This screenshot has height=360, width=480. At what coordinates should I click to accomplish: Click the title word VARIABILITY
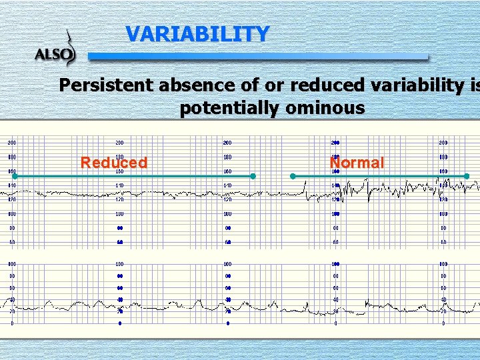coord(197,34)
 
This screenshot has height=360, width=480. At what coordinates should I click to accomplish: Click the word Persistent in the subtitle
coord(105,86)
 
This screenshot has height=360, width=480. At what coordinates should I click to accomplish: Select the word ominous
coord(328,108)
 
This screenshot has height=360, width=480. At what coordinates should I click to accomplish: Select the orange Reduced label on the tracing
coord(113,163)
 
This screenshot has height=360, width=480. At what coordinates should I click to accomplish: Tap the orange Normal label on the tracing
coord(357,163)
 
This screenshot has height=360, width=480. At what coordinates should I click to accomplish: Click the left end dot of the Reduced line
coord(5,176)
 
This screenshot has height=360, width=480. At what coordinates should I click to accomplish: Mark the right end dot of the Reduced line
coord(253,176)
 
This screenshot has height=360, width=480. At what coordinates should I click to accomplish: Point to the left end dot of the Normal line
coord(293,176)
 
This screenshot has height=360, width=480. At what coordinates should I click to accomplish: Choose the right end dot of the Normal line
coord(467,176)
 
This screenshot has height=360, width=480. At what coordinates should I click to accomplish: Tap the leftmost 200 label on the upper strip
coord(12,143)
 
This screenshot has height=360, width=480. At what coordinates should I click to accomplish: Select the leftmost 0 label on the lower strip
coord(12,323)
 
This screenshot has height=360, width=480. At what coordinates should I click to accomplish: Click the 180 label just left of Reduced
coord(12,157)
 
